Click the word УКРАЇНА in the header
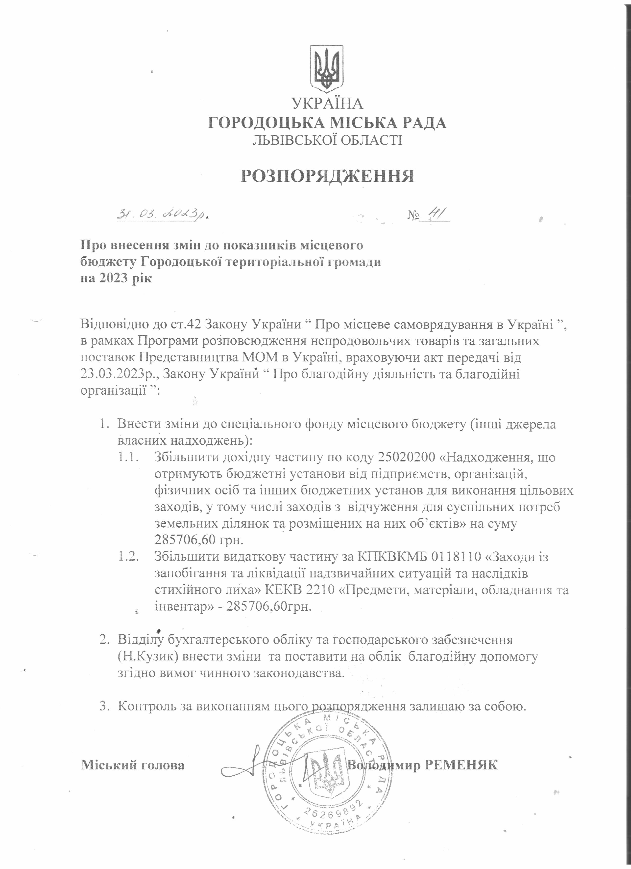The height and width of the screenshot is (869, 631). (x=327, y=104)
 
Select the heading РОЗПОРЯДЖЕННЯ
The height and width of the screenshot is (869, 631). (x=327, y=176)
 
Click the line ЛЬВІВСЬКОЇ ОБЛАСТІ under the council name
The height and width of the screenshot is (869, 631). (x=327, y=140)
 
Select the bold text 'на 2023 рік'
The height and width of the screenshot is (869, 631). (x=116, y=278)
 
